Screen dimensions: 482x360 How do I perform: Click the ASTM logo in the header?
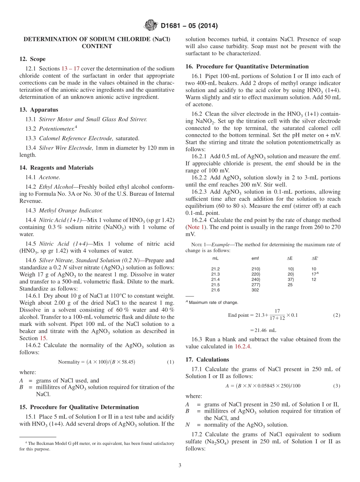pos(150,26)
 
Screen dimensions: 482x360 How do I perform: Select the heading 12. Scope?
pos(33,59)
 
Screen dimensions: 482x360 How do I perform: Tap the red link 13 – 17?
pos(70,69)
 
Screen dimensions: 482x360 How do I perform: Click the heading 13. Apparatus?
pos(39,110)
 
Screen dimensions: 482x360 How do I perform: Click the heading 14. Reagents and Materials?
pos(56,167)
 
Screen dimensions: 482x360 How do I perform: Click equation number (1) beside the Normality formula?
pos(171,362)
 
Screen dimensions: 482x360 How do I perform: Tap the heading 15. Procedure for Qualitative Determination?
pos(79,407)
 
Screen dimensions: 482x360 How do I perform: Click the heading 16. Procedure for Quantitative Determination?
pos(247,66)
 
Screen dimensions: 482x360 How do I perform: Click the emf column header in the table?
pos(255,258)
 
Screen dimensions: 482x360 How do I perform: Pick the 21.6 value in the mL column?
pos(216,290)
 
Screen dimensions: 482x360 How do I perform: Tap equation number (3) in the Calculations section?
pos(337,386)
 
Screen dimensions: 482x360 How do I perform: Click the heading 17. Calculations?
pos(207,360)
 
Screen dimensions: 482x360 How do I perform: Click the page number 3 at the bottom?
pos(180,465)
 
